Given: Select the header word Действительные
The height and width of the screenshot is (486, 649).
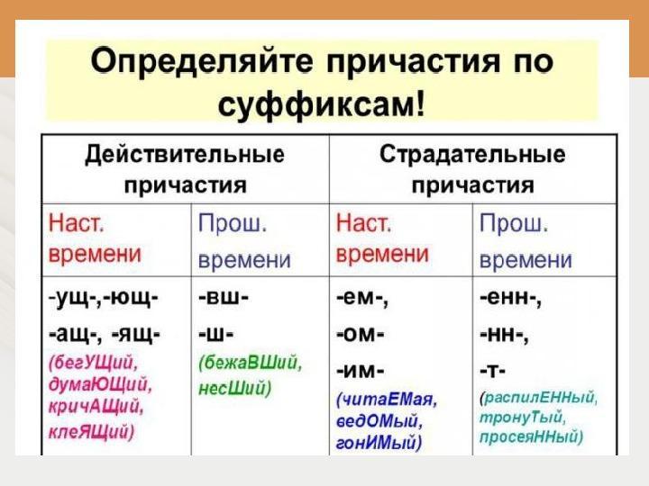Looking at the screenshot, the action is pyautogui.click(x=185, y=155).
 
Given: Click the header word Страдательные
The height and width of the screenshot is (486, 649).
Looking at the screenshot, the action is pyautogui.click(x=472, y=155).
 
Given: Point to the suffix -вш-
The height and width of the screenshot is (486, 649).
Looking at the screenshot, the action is pyautogui.click(x=224, y=298).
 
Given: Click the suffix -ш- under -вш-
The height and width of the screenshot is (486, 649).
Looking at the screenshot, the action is pyautogui.click(x=215, y=334).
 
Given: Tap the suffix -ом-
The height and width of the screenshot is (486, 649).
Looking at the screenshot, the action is pyautogui.click(x=360, y=334).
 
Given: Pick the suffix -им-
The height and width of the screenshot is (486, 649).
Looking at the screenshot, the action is pyautogui.click(x=360, y=371).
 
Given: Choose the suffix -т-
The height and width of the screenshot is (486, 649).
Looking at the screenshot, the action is pyautogui.click(x=492, y=371).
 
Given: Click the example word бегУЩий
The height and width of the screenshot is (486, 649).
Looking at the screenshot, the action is pyautogui.click(x=93, y=364).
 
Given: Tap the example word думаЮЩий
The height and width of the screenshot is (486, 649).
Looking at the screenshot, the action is pyautogui.click(x=100, y=385).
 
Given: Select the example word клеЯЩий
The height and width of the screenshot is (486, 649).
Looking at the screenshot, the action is pyautogui.click(x=91, y=432).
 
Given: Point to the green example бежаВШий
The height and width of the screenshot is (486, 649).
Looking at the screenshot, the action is pyautogui.click(x=251, y=364).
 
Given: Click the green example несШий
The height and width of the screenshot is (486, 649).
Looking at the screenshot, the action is pyautogui.click(x=234, y=389).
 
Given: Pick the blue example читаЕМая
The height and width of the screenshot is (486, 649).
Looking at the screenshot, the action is pyautogui.click(x=387, y=400).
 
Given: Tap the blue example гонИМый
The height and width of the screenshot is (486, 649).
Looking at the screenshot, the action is pyautogui.click(x=379, y=443).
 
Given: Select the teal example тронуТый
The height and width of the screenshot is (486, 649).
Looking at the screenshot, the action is pyautogui.click(x=522, y=418).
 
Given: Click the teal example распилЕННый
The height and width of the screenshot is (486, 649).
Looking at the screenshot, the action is pyautogui.click(x=538, y=398).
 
